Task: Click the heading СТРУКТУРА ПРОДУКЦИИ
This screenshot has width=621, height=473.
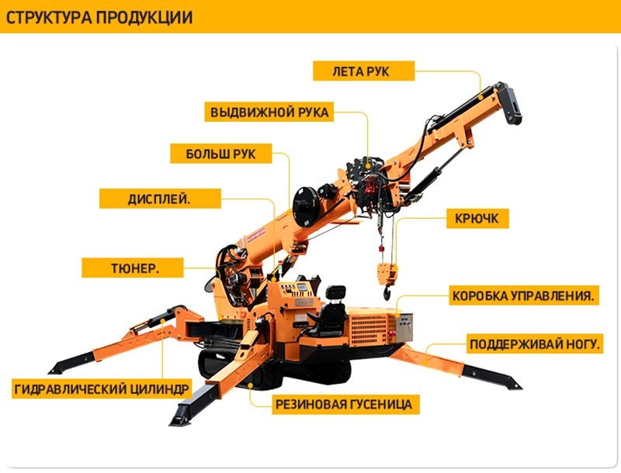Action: [99, 18]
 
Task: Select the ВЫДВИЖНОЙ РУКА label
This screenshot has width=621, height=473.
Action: [269, 112]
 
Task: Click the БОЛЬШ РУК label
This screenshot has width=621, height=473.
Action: [221, 154]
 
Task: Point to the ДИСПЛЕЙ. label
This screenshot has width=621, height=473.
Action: [160, 199]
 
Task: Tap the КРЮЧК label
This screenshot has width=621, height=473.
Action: [477, 219]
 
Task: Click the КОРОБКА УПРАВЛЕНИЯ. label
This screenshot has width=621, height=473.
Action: [523, 295]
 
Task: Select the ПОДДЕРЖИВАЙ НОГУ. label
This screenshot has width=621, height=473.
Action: [535, 344]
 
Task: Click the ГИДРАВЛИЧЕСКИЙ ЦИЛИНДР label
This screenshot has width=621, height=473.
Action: [102, 388]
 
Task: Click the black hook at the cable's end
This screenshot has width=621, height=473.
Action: [387, 292]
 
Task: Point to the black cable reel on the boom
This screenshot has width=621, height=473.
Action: [306, 205]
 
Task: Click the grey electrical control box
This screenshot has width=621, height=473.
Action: [404, 327]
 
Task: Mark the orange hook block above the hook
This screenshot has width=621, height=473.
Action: [387, 274]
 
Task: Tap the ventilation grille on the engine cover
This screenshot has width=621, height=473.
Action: [368, 327]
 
